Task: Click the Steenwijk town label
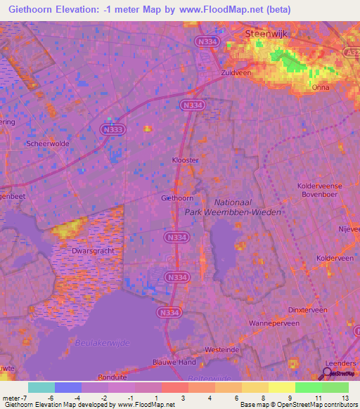click(268, 33)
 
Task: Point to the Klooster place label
click(186, 160)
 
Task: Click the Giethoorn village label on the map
click(177, 198)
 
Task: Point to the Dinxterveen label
click(308, 309)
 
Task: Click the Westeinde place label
click(219, 349)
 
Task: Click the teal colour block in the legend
click(41, 387)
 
